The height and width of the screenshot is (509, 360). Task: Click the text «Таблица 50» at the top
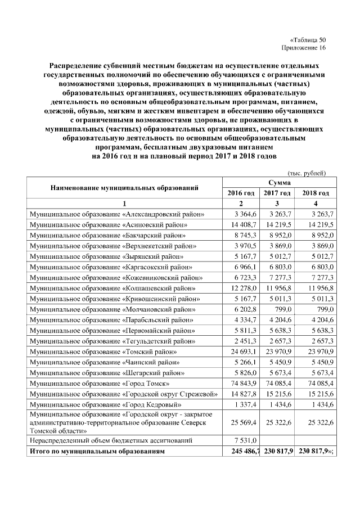[308, 39]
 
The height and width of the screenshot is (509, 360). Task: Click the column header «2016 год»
[241, 193]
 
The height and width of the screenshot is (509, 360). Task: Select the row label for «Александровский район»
[116, 214]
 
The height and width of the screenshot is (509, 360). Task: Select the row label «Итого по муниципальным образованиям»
[97, 451]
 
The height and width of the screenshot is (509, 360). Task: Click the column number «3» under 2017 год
[277, 203]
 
